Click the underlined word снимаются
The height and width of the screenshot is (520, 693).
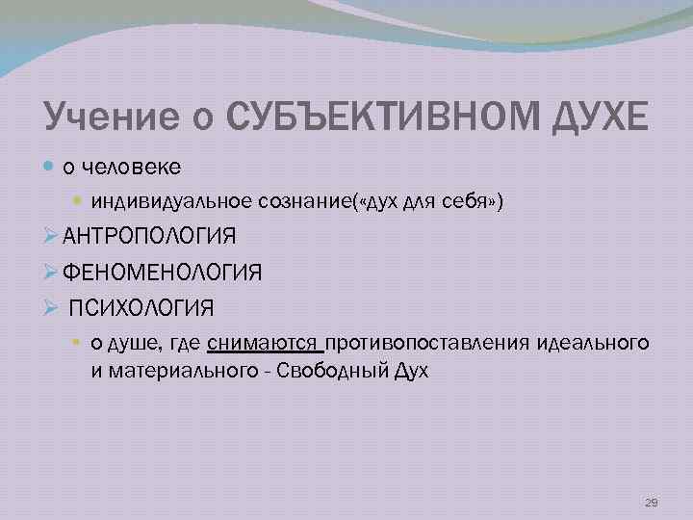click(x=264, y=344)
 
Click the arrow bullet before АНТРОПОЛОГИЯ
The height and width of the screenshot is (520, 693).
click(x=53, y=236)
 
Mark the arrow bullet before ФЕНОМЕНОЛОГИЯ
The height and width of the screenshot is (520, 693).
click(x=53, y=273)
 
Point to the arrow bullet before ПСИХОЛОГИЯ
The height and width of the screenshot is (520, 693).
click(x=53, y=309)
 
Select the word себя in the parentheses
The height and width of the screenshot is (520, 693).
click(x=477, y=200)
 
